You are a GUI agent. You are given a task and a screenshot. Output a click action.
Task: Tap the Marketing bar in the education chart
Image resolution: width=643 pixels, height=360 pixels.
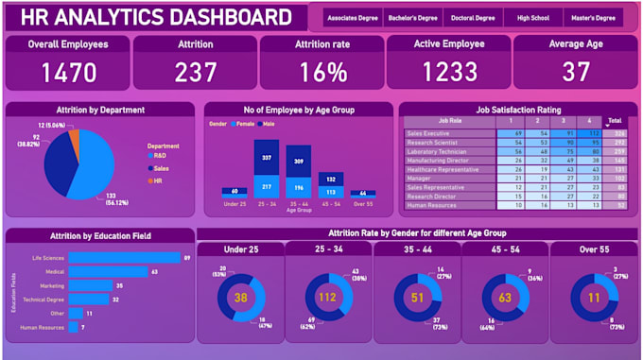90,284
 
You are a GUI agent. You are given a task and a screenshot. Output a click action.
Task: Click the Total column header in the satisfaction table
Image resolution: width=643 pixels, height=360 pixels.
615,122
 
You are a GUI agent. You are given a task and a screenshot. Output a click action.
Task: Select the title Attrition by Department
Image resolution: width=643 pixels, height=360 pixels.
100,110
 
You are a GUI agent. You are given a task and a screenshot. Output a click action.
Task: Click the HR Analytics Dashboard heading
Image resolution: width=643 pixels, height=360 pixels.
155,17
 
